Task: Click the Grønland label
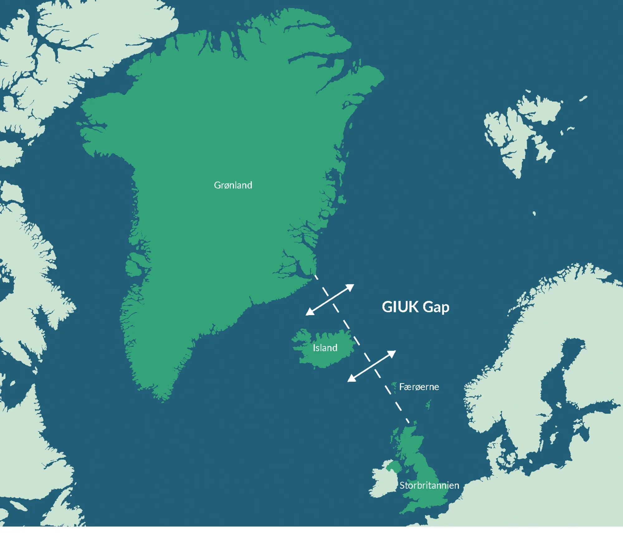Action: tap(233, 185)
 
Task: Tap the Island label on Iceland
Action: tap(325, 348)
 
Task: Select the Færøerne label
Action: tap(419, 387)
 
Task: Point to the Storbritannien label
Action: tap(429, 485)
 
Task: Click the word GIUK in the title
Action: tap(400, 307)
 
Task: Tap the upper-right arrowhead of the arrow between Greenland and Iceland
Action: tap(351, 286)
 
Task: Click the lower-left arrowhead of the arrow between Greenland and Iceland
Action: tap(309, 313)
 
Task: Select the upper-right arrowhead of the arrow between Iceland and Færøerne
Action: tap(393, 353)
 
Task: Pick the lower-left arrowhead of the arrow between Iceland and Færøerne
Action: tap(350, 379)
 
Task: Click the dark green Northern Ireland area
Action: tap(393, 466)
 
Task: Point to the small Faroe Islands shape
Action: tap(394, 386)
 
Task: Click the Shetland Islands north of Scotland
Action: tap(429, 405)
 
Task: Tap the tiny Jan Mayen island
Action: tap(534, 213)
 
